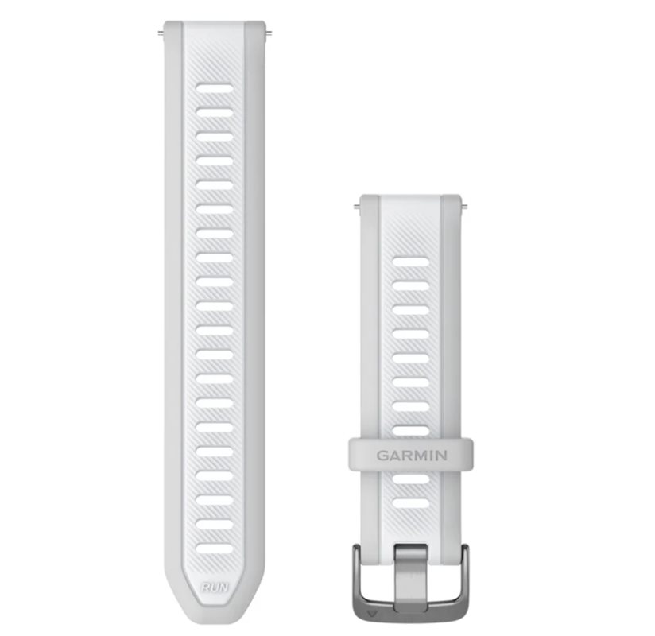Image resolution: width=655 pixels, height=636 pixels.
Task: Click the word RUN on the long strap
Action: (215, 588)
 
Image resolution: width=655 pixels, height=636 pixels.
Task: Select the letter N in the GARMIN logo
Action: (441, 455)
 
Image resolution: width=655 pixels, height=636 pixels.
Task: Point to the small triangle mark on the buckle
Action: (370, 615)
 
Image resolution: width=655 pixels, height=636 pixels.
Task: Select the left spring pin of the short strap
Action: (356, 206)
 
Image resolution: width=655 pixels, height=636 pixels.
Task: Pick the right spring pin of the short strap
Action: (463, 206)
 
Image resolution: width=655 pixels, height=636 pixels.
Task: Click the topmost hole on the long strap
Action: (215, 88)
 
